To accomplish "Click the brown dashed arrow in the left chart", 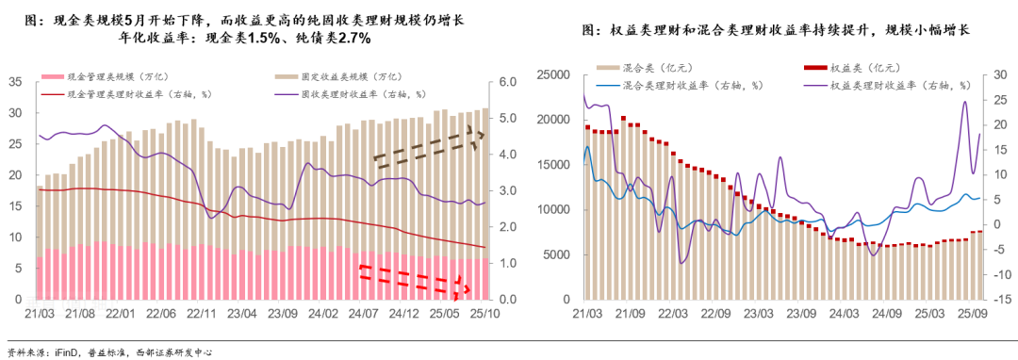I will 429,147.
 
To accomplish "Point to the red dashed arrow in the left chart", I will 415,278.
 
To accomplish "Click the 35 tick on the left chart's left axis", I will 13,82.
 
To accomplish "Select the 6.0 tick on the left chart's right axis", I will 507,82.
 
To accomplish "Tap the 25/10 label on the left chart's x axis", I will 484,313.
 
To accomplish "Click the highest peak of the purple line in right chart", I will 965,102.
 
